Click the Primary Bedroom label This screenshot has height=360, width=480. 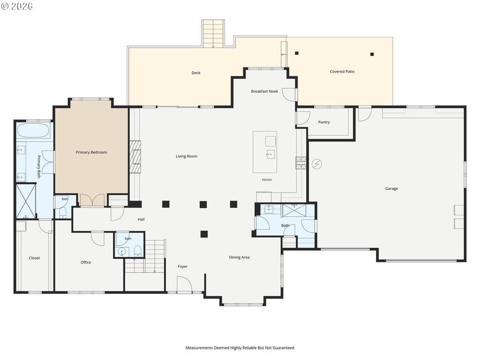coord(91,152)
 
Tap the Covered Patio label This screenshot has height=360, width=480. coord(342,72)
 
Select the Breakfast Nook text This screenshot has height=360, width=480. coord(264,91)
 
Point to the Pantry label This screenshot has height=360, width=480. coord(324,122)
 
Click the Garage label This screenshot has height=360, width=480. coord(391,188)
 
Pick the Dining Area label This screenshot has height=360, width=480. coord(239,257)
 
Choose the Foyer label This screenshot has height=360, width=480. coord(182,267)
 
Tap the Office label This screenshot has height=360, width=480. coord(86,262)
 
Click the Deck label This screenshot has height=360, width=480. coord(196,73)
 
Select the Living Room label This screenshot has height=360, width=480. coord(187,157)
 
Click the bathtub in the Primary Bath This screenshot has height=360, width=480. coord(33,130)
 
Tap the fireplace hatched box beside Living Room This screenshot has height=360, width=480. coord(135,157)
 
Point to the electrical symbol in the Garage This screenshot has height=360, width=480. coord(317,164)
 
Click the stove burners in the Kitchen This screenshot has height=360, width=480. coord(300,163)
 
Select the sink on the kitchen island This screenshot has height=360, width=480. coord(270,154)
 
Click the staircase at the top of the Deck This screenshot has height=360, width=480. coord(213,34)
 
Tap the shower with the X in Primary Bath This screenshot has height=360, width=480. coord(26,201)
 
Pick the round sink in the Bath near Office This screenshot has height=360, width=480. coord(122,252)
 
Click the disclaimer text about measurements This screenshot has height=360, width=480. coord(240,348)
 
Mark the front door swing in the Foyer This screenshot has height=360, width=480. coord(184,284)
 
